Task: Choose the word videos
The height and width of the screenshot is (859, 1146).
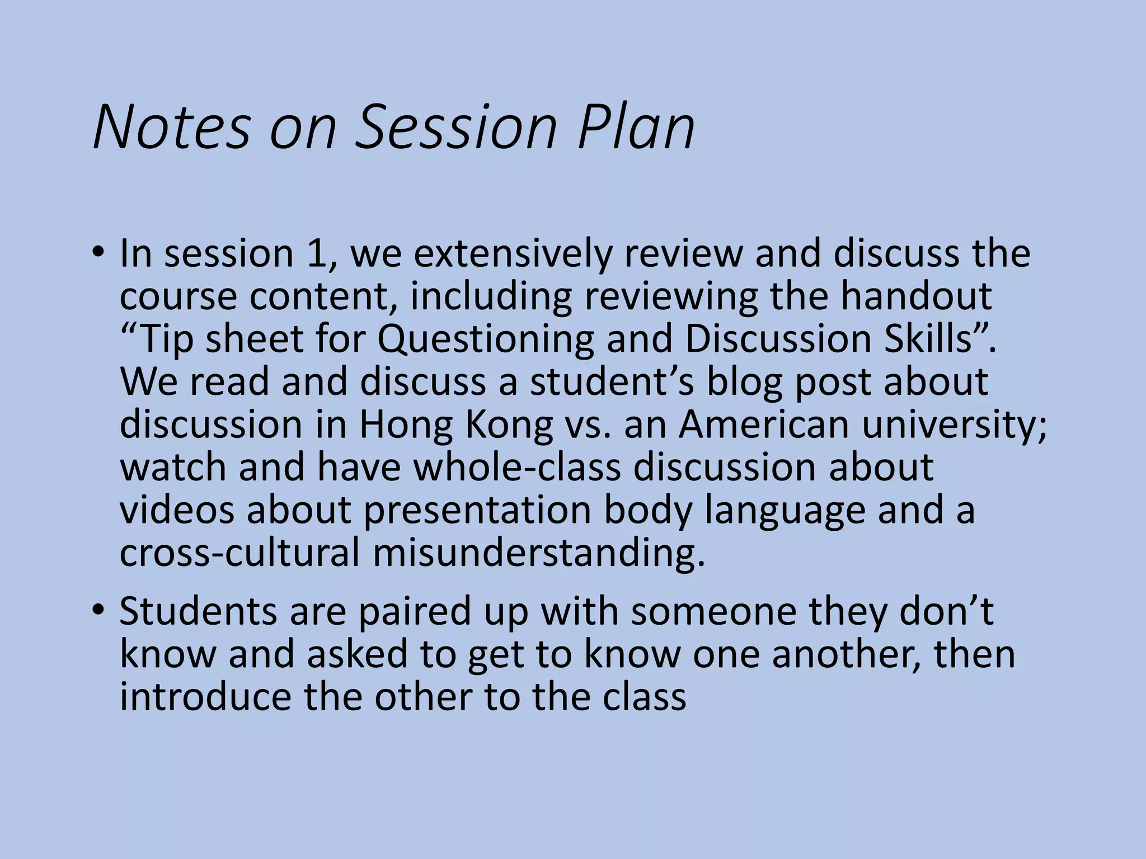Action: [177, 511]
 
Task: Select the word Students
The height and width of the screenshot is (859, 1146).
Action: [198, 611]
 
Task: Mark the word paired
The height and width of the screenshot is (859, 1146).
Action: [415, 612]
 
